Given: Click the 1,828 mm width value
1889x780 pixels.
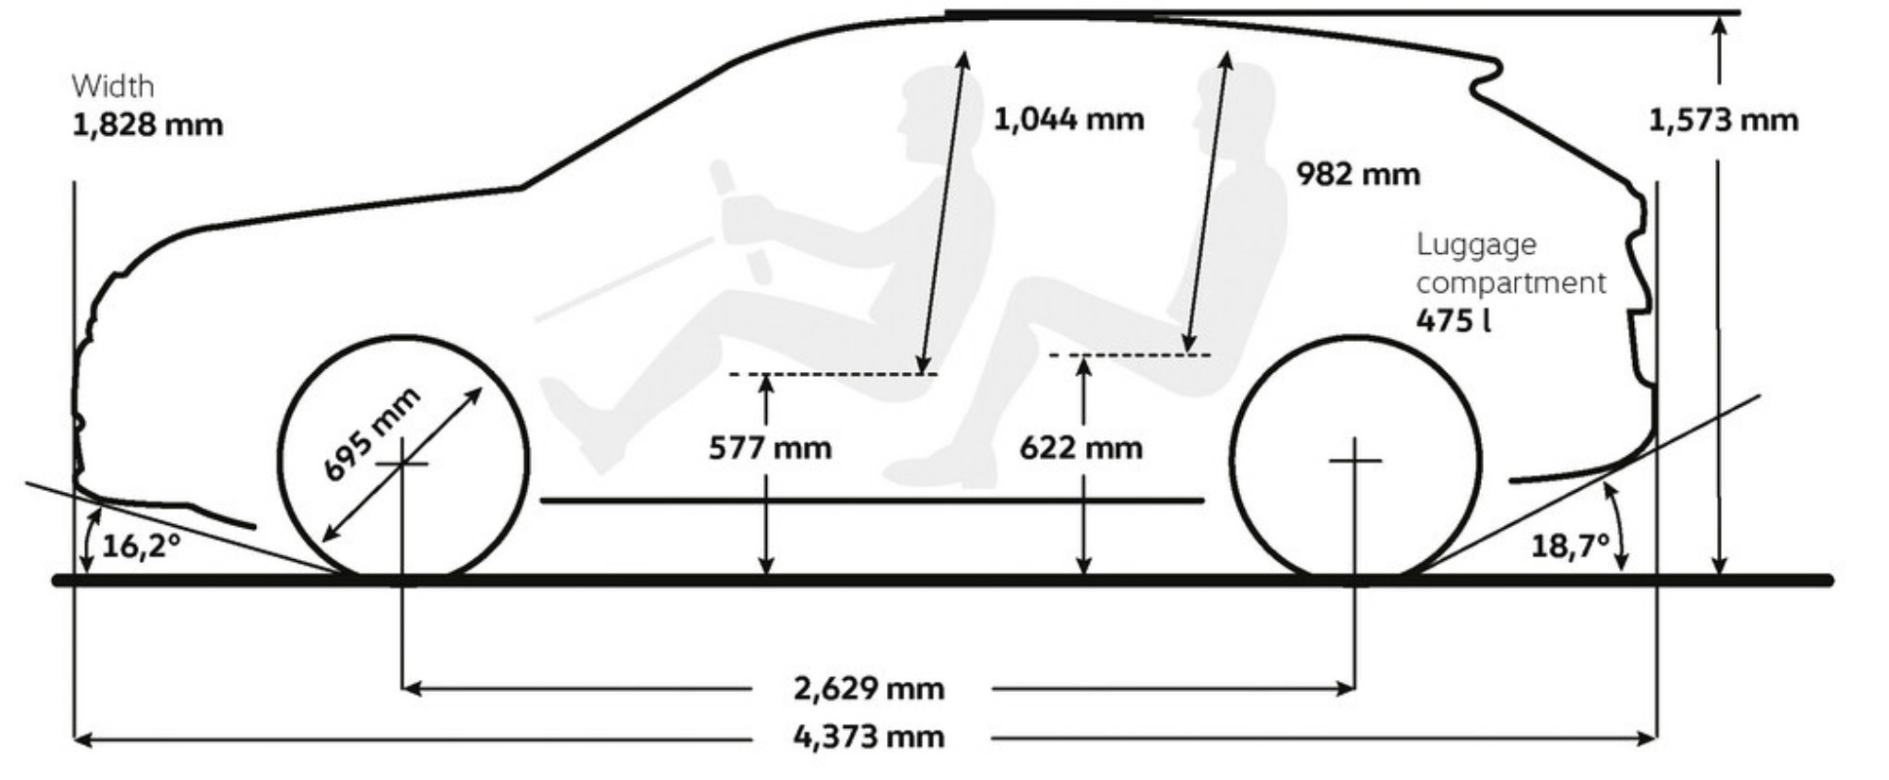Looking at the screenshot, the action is (x=147, y=125).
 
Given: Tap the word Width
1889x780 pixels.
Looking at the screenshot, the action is (x=112, y=86).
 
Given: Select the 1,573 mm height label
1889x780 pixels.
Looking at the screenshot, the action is (x=1723, y=121).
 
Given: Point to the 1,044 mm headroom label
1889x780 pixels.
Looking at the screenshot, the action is (x=1068, y=119).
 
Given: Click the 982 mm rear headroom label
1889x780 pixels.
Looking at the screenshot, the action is (x=1357, y=174).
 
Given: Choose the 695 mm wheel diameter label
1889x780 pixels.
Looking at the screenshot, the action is (x=371, y=435).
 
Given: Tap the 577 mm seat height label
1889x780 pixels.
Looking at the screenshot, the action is (x=770, y=447).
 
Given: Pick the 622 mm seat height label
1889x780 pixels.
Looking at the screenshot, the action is (x=1081, y=447).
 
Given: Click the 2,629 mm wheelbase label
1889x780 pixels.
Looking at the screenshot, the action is (x=868, y=688).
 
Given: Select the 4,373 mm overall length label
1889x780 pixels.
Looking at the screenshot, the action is (x=868, y=736).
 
